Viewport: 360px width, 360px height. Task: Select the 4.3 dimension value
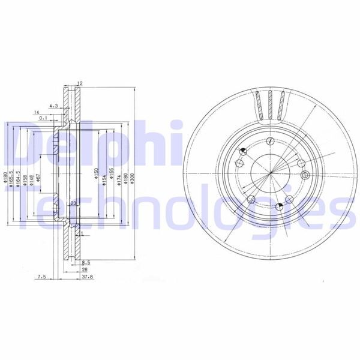click(54, 106)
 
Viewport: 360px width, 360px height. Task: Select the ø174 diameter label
click(119, 179)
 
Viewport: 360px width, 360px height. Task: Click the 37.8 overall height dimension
click(87, 278)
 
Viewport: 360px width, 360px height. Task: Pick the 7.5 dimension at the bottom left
click(41, 277)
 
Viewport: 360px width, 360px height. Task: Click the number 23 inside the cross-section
click(73, 204)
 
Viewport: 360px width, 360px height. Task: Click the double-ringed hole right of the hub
click(304, 175)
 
